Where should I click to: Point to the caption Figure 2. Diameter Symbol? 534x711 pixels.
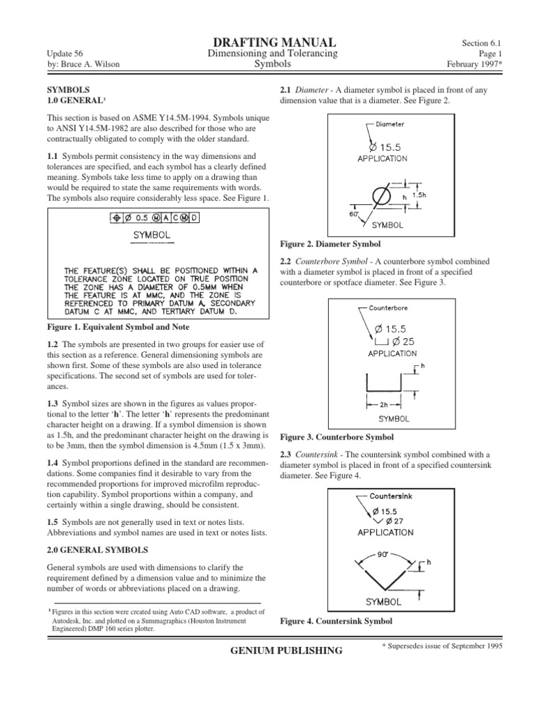pos(330,244)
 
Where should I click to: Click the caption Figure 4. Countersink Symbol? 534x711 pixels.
pos(336,621)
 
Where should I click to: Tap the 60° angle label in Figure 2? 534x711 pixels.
pos(354,215)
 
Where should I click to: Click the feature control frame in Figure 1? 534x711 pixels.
pos(155,217)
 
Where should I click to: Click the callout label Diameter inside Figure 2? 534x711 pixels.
pos(391,125)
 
